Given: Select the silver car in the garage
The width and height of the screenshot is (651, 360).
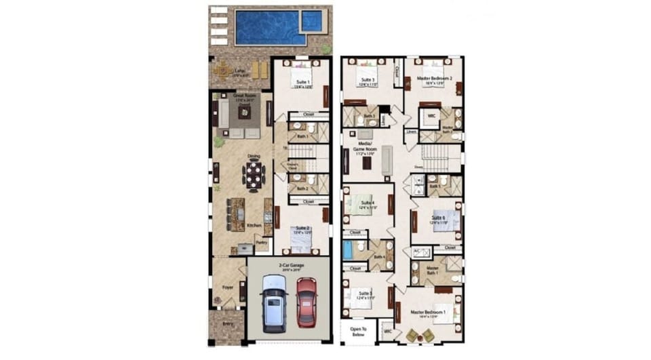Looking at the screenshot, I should coord(274,303).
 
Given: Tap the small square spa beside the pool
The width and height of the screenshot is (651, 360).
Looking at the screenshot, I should coord(312,22).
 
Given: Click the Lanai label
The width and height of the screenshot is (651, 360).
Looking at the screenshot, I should coord(239,69).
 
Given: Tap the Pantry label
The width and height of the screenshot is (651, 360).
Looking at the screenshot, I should coord(261,241).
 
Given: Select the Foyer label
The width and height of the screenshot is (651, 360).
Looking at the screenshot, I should coord(229,288).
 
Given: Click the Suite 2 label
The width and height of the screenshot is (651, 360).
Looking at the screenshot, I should coord(302,229).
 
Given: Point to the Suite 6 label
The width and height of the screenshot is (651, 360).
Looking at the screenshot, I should coord(437,218).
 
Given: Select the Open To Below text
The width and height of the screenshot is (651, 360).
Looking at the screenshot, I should coord(358,332).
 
